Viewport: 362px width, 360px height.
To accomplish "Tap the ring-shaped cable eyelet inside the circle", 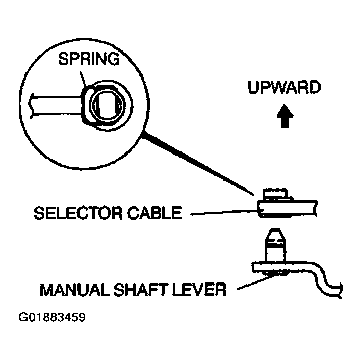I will (107, 106).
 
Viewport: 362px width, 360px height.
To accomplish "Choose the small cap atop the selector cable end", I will (275, 194).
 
